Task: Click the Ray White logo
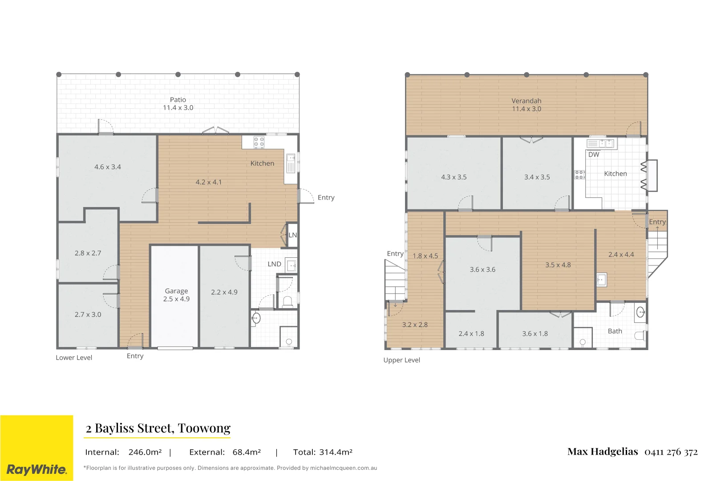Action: pyautogui.click(x=36, y=448)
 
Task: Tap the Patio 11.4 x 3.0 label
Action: pyautogui.click(x=178, y=104)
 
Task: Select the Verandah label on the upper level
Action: pyautogui.click(x=526, y=101)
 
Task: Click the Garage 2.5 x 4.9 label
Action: pyautogui.click(x=176, y=295)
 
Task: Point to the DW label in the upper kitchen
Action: pyautogui.click(x=594, y=154)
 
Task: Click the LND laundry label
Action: pyautogui.click(x=274, y=264)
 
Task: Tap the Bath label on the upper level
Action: pyautogui.click(x=615, y=331)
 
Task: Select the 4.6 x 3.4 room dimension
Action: pyautogui.click(x=108, y=167)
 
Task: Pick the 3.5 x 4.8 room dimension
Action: pyautogui.click(x=558, y=265)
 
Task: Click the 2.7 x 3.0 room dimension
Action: pyautogui.click(x=88, y=314)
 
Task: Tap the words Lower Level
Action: pyautogui.click(x=74, y=358)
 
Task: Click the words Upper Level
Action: pyautogui.click(x=402, y=360)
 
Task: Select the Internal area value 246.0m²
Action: pyautogui.click(x=145, y=452)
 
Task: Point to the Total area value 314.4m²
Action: pyautogui.click(x=336, y=452)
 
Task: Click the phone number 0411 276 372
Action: pyautogui.click(x=671, y=452)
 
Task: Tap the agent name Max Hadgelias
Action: pyautogui.click(x=603, y=452)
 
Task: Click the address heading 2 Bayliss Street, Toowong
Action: pyautogui.click(x=158, y=428)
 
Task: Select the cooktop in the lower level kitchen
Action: pyautogui.click(x=259, y=142)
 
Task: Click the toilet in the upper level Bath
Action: pyautogui.click(x=640, y=336)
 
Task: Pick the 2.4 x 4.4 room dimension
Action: pyautogui.click(x=621, y=254)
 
